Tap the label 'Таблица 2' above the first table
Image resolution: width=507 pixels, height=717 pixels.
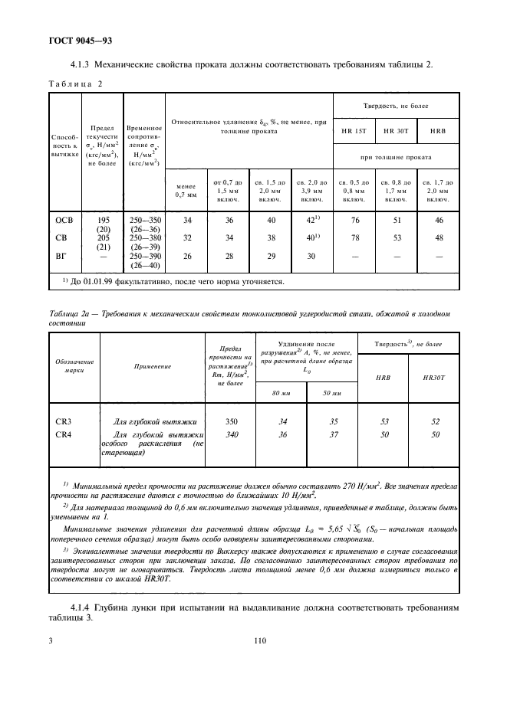[77, 83]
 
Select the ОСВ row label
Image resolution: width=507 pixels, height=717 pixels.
[63, 220]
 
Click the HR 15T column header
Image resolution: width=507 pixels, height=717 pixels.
[354, 130]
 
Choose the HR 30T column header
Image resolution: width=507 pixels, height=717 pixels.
[396, 130]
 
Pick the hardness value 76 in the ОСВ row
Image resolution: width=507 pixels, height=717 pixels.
[354, 220]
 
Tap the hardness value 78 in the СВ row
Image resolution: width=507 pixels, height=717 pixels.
[354, 238]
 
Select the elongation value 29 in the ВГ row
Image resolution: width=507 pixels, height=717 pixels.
[269, 257]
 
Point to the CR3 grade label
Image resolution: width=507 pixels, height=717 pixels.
[64, 421]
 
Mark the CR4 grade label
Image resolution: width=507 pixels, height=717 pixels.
[64, 434]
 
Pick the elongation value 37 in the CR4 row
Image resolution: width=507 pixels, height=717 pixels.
[331, 434]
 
